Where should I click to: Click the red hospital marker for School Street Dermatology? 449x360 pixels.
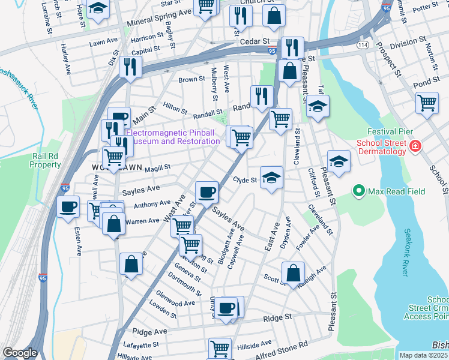point(415,146)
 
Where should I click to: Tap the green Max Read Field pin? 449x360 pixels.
point(359,191)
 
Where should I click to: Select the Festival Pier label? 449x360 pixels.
point(390,132)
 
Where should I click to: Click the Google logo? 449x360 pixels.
point(20,353)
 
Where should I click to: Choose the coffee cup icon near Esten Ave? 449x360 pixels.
point(68,206)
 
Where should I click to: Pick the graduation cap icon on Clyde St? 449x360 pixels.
point(271,177)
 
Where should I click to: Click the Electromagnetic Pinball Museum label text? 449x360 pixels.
point(172,137)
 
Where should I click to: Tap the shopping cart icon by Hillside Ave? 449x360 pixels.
point(220,347)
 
